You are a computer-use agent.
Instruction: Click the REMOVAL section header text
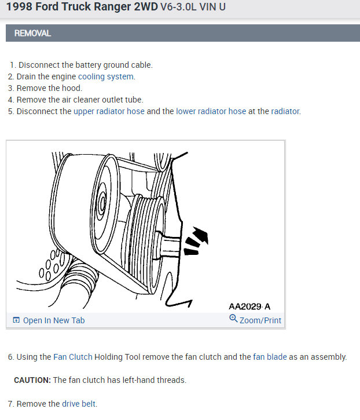point(32,34)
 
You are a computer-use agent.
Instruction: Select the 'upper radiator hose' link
point(109,111)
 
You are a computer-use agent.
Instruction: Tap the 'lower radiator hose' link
point(211,111)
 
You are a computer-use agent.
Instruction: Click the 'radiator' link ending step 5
point(285,111)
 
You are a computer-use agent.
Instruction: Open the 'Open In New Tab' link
point(53,320)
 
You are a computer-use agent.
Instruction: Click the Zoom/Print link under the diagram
point(260,320)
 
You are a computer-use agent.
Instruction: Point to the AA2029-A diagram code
point(249,306)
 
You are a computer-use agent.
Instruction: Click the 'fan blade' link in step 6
point(270,357)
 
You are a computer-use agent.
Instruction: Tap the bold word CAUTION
point(32,380)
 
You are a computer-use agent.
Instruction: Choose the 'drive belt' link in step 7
point(79,404)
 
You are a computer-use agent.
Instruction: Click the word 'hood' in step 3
point(72,88)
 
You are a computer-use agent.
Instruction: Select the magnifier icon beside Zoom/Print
point(233,319)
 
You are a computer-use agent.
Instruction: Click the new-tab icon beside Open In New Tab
point(16,320)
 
